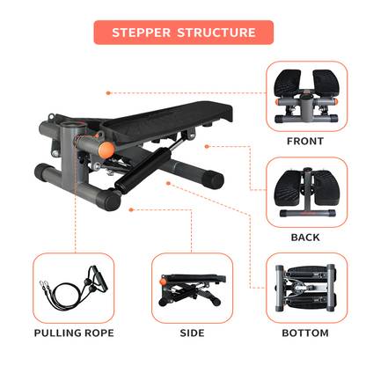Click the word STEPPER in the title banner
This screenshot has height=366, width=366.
pyautogui.click(x=143, y=33)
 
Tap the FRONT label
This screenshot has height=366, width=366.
pyautogui.click(x=304, y=141)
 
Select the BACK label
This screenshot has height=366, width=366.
pyautogui.click(x=304, y=237)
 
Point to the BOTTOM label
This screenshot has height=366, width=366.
pyautogui.click(x=304, y=333)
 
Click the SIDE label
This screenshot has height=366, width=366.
pyautogui.click(x=192, y=333)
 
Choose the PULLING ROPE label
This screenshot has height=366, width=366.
pyautogui.click(x=74, y=333)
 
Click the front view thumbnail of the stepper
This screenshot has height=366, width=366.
pyautogui.click(x=304, y=98)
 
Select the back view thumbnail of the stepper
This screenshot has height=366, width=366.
pyautogui.click(x=304, y=194)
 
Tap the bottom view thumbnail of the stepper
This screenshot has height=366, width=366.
pyautogui.click(x=304, y=289)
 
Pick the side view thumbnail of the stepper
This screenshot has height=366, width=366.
pyautogui.click(x=192, y=289)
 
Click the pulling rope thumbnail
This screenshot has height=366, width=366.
pyautogui.click(x=74, y=289)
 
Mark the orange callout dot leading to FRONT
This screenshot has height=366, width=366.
pyautogui.click(x=106, y=91)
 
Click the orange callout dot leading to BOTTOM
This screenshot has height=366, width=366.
pyautogui.click(x=166, y=183)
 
